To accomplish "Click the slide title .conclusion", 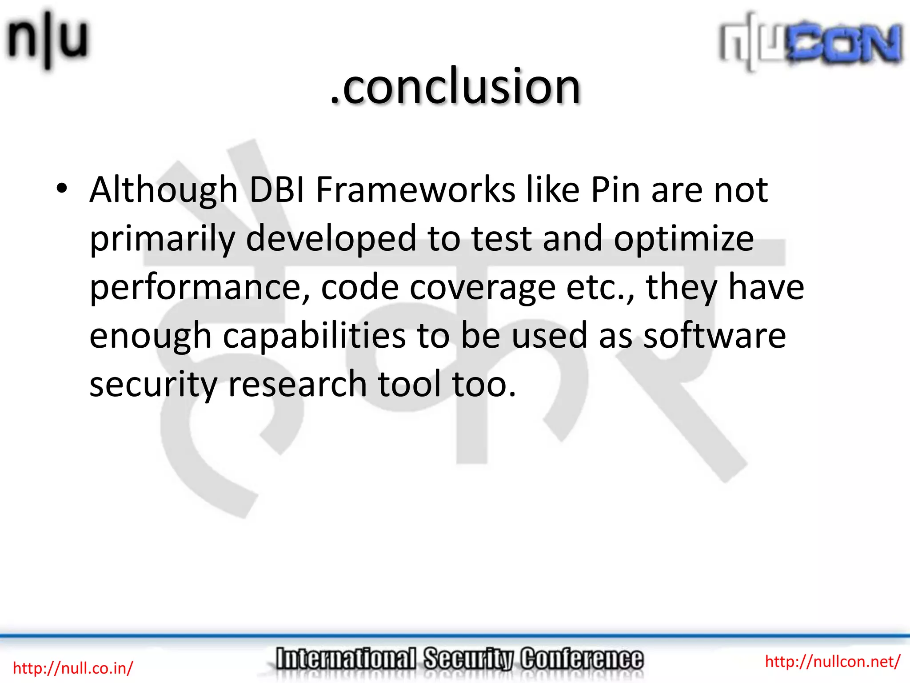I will [x=455, y=87].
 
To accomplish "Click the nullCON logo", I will [x=811, y=42].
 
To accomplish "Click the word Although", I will [x=164, y=190].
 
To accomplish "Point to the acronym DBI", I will [x=276, y=190].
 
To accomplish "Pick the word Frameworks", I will [x=415, y=190].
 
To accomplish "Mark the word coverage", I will [x=482, y=288].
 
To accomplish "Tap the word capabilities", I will [x=314, y=336].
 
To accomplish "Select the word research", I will [x=297, y=384].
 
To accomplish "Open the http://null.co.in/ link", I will [x=73, y=668].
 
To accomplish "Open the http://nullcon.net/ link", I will [x=832, y=662].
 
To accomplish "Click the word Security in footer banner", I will [x=468, y=659].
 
